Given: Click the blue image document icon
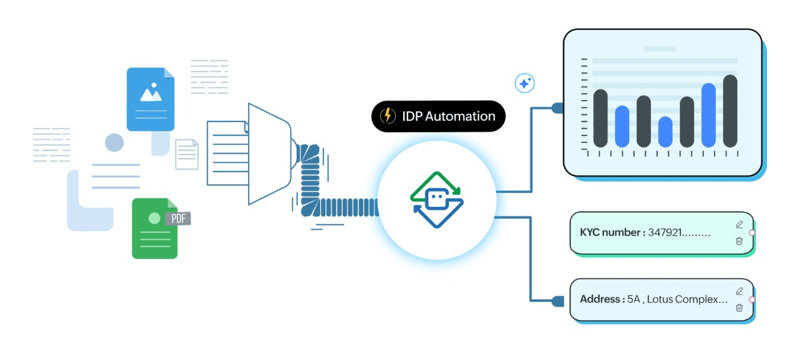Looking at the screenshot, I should pos(151,99).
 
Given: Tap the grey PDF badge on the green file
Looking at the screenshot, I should pos(178,219).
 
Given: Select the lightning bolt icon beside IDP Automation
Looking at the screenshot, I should pos(387,116).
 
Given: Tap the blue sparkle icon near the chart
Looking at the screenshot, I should pos(525,83).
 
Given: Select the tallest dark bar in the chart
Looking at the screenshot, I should pos(730,111).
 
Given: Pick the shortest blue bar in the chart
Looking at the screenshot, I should pos(665,132).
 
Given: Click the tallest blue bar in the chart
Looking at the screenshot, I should pos(708,115).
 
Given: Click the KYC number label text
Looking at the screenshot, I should pos(612,232).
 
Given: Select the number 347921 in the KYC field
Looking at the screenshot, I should pos(666,232).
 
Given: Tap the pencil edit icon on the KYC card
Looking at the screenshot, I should pos(739,225).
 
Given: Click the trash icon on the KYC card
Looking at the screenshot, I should pos(739,240).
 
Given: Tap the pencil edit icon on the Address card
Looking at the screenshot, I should pos(739,291).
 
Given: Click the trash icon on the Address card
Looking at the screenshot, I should pos(739,307).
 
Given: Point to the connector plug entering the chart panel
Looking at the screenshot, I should pos(557,108).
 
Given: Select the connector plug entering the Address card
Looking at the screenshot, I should pos(557,301).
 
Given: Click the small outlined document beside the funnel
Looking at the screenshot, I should pos(187,154).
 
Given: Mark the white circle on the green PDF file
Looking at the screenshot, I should pos(154,218).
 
